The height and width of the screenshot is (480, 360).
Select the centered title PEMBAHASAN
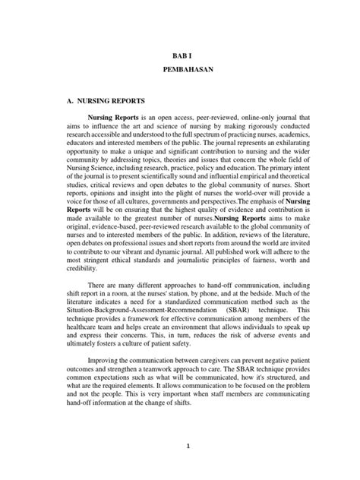pos(180,68)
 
